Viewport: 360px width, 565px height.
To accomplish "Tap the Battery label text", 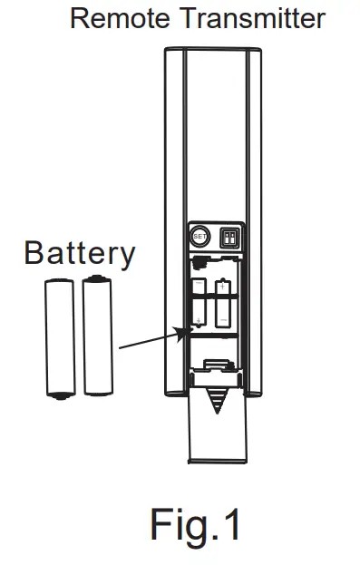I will (80, 253).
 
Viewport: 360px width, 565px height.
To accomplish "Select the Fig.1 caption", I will (197, 523).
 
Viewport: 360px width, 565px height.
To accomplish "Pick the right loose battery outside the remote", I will (97, 335).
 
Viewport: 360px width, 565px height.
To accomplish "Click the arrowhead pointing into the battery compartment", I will (181, 331).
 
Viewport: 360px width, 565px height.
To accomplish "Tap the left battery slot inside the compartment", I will (199, 304).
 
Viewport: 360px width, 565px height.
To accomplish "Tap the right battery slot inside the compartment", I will (223, 304).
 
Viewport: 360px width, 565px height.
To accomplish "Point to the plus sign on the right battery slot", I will (223, 286).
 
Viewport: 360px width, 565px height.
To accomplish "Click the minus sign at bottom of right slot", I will (223, 320).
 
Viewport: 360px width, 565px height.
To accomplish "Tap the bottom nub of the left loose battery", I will (61, 395).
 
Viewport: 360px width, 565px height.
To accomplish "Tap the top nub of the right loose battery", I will (97, 277).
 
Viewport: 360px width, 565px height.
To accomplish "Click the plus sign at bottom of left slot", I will (199, 321).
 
